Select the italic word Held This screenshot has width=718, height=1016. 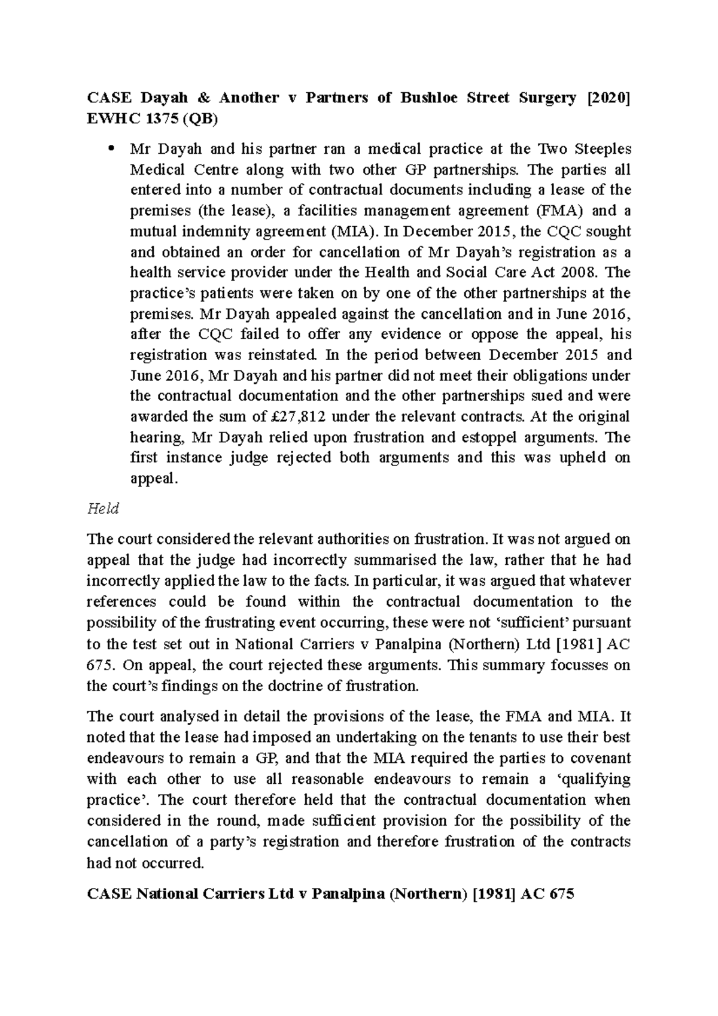[103, 509]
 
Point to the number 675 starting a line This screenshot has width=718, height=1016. [99, 665]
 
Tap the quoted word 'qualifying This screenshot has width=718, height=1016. [593, 778]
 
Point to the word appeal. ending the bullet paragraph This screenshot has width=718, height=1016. [154, 478]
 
